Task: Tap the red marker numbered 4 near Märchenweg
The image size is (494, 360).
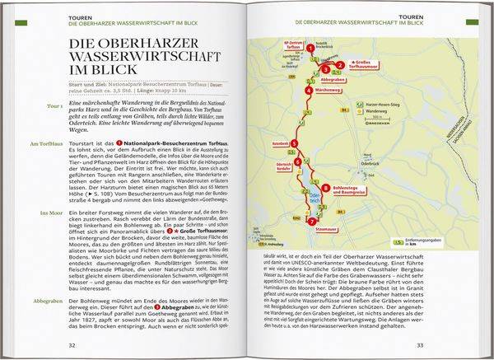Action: (308, 90)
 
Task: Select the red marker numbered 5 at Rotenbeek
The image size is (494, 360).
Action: (293, 145)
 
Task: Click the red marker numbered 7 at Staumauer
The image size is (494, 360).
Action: (310, 221)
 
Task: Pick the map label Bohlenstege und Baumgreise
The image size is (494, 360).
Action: (343, 190)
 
